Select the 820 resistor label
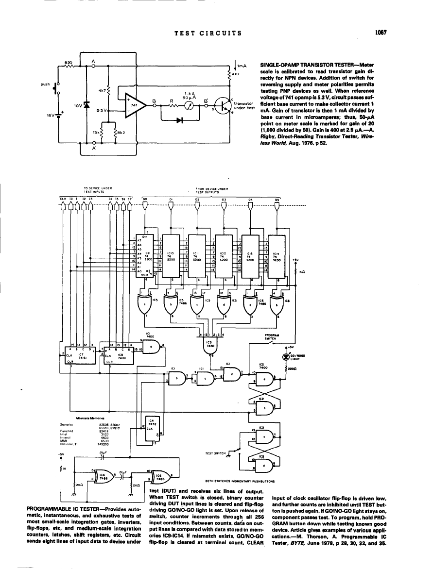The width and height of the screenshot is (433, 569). [69, 63]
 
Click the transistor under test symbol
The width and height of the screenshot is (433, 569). [223, 106]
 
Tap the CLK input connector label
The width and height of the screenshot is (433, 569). [63, 198]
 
